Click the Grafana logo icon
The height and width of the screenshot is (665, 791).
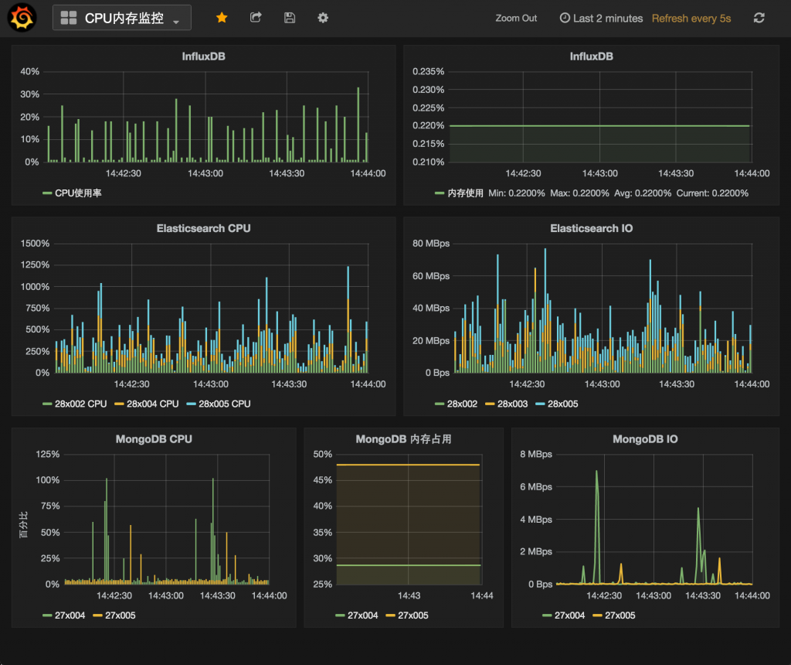point(21,18)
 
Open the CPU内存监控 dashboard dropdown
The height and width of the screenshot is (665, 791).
point(121,19)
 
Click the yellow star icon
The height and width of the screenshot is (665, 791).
point(222,18)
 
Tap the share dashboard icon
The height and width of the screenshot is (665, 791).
point(256,18)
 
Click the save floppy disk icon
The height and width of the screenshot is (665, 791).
point(290,18)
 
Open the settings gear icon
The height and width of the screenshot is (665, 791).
point(323,18)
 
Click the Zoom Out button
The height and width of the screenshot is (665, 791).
point(516,19)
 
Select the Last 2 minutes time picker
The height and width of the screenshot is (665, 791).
point(601,19)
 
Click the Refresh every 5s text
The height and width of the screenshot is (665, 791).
point(691,19)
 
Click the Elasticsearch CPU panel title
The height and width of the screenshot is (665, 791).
point(203,228)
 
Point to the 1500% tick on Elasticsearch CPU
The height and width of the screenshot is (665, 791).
point(35,244)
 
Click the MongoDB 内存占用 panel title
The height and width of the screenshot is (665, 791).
point(403,439)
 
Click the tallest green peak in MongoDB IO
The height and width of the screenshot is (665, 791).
point(596,471)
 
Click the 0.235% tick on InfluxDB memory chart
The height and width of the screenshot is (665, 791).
point(429,72)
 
